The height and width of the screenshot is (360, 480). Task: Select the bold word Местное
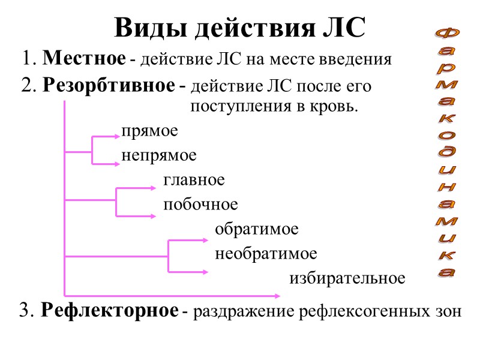(x=85, y=59)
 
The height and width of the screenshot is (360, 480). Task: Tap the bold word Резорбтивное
(x=108, y=86)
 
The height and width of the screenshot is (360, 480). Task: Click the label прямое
(x=149, y=130)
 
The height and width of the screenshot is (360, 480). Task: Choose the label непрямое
(x=159, y=155)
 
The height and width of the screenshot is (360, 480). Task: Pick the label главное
(x=194, y=179)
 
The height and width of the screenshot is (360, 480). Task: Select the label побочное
(x=200, y=205)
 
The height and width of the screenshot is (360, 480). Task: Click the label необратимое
(x=266, y=254)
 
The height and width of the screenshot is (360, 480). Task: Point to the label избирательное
(x=347, y=278)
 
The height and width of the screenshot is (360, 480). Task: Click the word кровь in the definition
(x=336, y=108)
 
